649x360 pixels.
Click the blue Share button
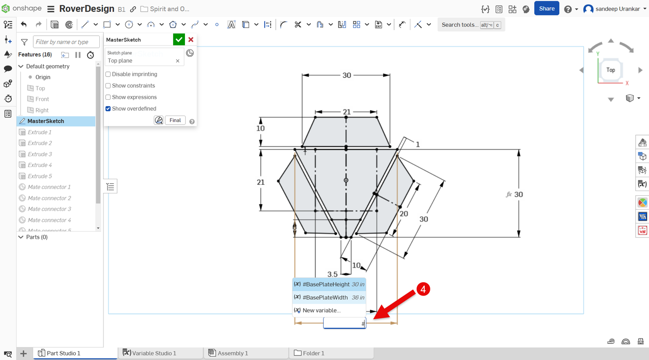tap(546, 9)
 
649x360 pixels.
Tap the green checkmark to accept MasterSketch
tap(179, 40)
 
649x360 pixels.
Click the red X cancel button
tap(191, 40)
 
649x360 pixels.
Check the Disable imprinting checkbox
tap(108, 74)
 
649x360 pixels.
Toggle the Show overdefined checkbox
tap(108, 109)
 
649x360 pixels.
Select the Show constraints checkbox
tap(108, 86)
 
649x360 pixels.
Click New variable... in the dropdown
tap(321, 310)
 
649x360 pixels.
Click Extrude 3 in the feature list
tap(40, 154)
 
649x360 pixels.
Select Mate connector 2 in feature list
tap(49, 198)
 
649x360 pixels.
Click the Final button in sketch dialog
tap(175, 120)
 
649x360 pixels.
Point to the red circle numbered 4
tap(423, 289)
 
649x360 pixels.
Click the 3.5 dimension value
tap(333, 274)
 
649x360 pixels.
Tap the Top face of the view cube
tap(610, 70)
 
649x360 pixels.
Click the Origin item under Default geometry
tap(43, 77)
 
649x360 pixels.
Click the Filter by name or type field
tap(66, 42)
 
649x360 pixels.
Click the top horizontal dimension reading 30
tap(347, 75)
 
